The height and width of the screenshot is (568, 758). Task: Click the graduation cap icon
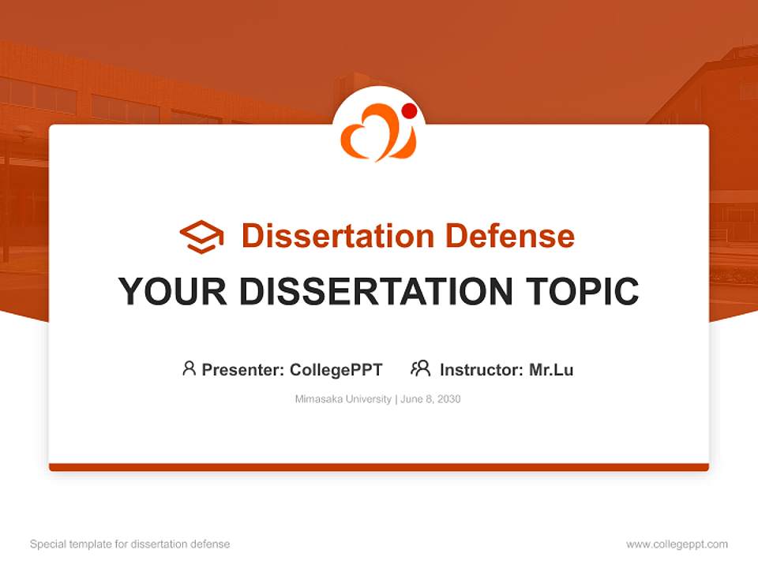(x=201, y=237)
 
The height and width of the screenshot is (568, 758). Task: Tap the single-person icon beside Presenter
(x=189, y=368)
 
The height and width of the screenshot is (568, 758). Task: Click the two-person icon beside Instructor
(x=420, y=368)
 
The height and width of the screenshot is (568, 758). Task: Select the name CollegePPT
(x=336, y=370)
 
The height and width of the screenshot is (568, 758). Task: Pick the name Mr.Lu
(x=551, y=370)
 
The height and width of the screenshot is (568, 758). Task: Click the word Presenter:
(x=243, y=370)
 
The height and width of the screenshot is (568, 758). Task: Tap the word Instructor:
(x=482, y=370)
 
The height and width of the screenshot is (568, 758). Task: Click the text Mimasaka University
(x=343, y=399)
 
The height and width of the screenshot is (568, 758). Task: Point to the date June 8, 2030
(x=431, y=399)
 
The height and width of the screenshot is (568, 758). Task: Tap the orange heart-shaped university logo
(x=376, y=134)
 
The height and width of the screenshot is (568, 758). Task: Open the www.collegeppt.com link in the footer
(x=677, y=544)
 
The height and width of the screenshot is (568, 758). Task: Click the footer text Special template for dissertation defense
(x=130, y=544)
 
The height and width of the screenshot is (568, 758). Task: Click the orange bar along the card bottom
(x=379, y=467)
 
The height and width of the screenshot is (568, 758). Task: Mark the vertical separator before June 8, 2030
(x=396, y=399)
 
